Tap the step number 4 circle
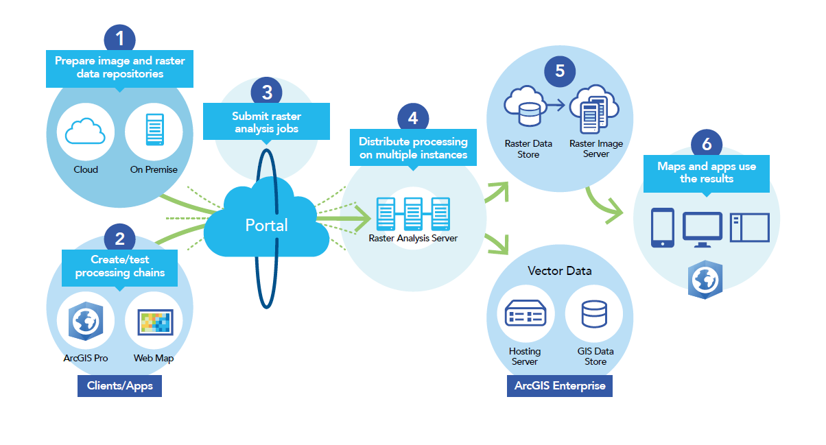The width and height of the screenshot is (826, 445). click(x=412, y=118)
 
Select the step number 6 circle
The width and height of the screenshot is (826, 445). click(x=707, y=145)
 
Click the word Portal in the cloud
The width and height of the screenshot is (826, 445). click(x=266, y=225)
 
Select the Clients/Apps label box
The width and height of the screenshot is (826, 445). click(x=119, y=386)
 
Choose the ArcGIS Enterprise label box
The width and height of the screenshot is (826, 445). click(x=560, y=385)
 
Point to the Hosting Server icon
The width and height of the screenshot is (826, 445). click(x=526, y=315)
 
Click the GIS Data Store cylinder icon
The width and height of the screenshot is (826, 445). click(x=594, y=315)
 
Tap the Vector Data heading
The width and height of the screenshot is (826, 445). click(x=559, y=271)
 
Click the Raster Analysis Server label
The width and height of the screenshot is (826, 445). click(x=412, y=239)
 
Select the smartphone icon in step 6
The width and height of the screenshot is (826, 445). click(x=662, y=227)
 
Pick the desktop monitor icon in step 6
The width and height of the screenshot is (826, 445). click(x=703, y=228)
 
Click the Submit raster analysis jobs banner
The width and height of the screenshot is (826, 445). click(x=266, y=122)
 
